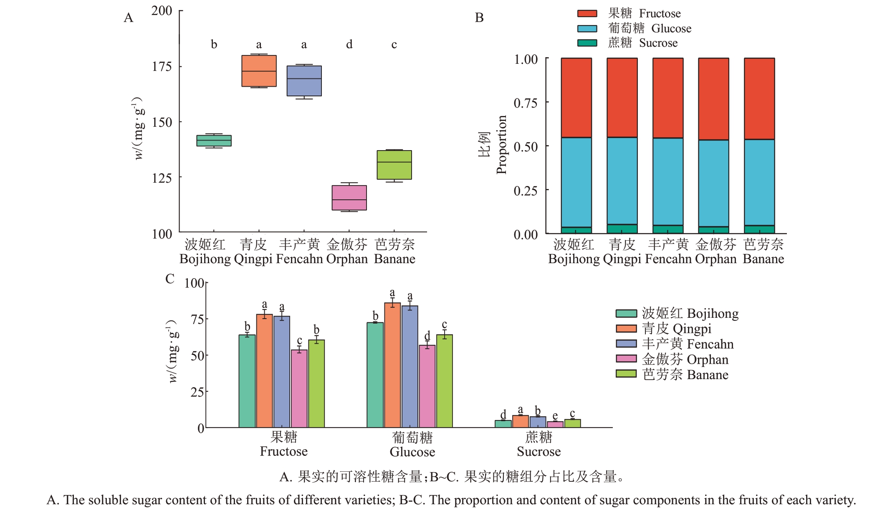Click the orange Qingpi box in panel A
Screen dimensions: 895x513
click(259, 71)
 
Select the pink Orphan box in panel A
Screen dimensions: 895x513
click(349, 198)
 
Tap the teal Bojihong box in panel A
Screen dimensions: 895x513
click(214, 141)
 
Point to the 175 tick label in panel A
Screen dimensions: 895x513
click(162, 66)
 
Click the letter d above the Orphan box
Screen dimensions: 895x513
click(349, 44)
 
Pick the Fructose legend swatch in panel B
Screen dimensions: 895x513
click(587, 13)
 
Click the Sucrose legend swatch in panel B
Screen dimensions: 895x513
click(587, 43)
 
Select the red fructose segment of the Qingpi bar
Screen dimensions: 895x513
click(622, 98)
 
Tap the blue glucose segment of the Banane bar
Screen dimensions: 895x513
click(759, 182)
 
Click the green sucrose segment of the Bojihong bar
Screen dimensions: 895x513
click(576, 230)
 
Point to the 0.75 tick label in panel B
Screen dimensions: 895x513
click(525, 103)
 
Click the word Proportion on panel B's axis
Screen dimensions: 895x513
click(501, 144)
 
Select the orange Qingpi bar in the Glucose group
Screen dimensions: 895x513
click(392, 365)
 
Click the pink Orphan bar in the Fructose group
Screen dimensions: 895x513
click(299, 389)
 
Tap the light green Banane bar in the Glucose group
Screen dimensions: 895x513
click(445, 381)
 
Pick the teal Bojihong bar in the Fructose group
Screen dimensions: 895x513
click(247, 381)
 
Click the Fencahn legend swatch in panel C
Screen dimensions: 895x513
click(626, 344)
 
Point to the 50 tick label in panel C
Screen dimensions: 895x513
click(197, 356)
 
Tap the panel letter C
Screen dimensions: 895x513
click(170, 279)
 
